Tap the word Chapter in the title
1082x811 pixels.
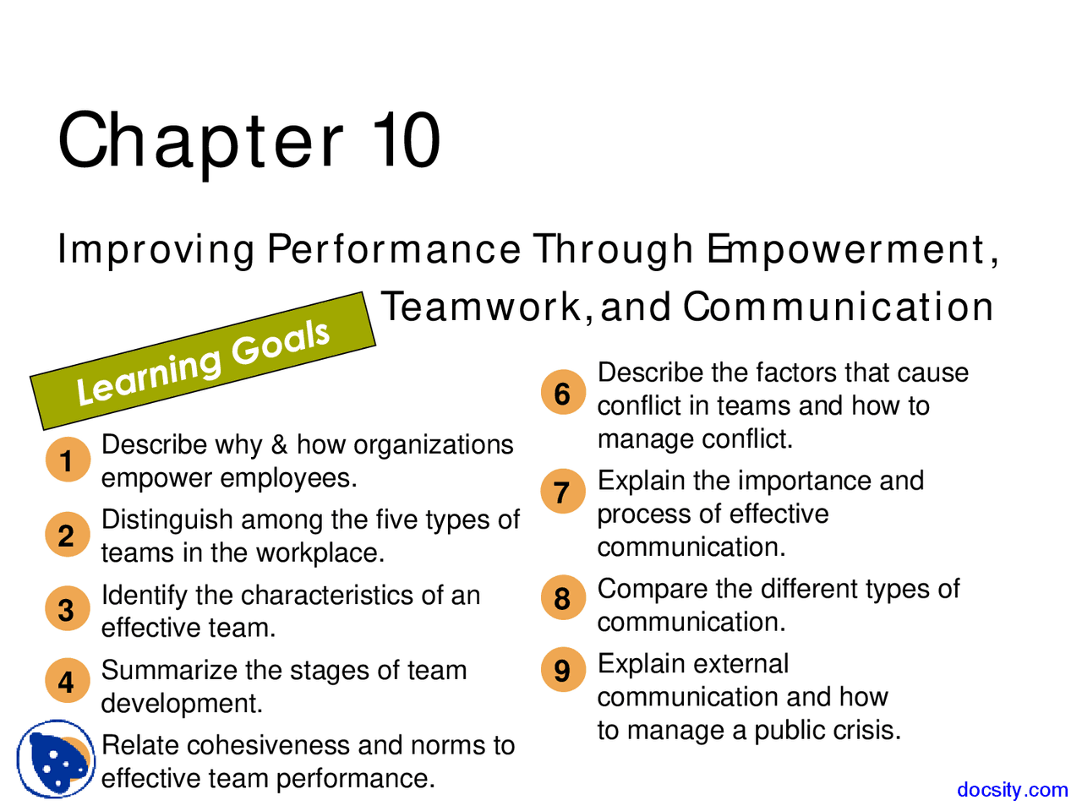(x=201, y=140)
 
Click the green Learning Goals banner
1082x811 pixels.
(x=203, y=362)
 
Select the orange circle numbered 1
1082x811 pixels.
(x=67, y=460)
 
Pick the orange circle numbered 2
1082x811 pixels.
(x=67, y=535)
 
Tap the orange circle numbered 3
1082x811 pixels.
(x=67, y=609)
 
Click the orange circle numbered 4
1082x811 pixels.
(x=67, y=681)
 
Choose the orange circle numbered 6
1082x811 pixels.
(x=563, y=393)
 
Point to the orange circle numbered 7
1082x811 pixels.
(x=563, y=492)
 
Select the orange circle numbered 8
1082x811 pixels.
(x=563, y=598)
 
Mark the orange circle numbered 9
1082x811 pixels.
(x=563, y=670)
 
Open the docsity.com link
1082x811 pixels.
(x=1012, y=789)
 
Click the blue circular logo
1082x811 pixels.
(x=56, y=759)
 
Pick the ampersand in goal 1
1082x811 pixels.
(x=279, y=445)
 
